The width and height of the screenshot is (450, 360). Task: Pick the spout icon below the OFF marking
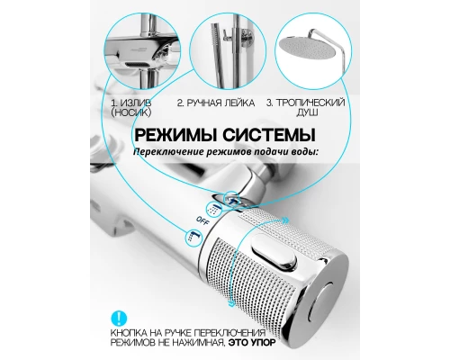tap(194, 235)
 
